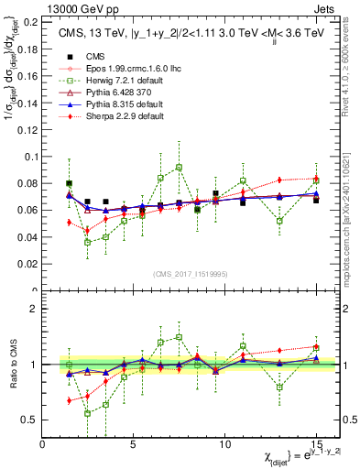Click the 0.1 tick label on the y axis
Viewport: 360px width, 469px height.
30,156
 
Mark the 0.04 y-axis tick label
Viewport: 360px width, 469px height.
27,236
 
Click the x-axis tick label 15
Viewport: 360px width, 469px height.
316,444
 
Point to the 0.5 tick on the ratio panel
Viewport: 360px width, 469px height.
30,420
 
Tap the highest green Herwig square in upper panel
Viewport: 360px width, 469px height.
179,168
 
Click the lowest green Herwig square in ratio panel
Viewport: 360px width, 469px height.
88,413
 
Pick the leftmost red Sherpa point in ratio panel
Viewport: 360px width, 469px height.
70,400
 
